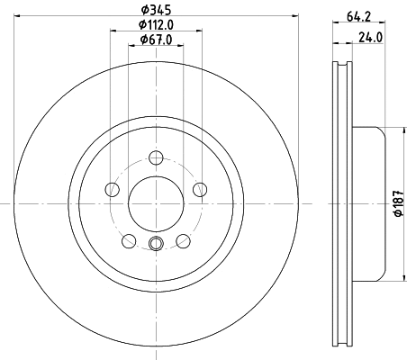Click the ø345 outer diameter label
pos(156,12)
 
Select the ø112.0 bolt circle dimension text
pos(156,25)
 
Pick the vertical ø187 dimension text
pos(396,204)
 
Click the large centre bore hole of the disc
pos(156,200)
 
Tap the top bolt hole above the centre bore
pos(156,156)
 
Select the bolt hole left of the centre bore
pos(113,189)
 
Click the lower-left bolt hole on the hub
pos(129,239)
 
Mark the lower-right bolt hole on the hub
pos(183,239)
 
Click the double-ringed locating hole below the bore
pos(156,242)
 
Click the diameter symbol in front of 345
pos(142,12)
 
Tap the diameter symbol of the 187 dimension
pos(396,217)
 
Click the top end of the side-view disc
pos(341,66)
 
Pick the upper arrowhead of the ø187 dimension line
pos(387,129)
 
